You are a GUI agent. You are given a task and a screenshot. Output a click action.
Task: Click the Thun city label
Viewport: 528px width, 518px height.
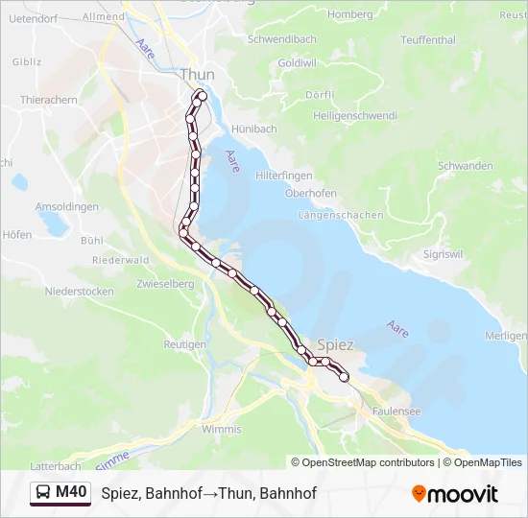click(197, 74)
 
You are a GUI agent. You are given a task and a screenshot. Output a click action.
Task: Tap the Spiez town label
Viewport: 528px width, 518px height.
click(335, 344)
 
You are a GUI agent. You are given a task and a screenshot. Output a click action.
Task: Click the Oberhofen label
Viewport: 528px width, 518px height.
click(310, 193)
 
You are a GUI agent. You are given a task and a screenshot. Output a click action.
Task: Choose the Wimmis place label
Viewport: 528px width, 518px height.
click(222, 429)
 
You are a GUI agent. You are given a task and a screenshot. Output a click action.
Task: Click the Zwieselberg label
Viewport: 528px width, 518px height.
click(165, 284)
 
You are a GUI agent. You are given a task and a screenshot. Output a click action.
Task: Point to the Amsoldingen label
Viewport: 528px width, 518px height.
click(67, 207)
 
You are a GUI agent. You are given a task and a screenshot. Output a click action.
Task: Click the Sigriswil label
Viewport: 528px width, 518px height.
click(444, 254)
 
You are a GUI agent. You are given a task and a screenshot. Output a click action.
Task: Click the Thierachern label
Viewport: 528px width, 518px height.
click(48, 99)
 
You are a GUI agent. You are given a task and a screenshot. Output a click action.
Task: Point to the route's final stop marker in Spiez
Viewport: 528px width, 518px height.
click(344, 378)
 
